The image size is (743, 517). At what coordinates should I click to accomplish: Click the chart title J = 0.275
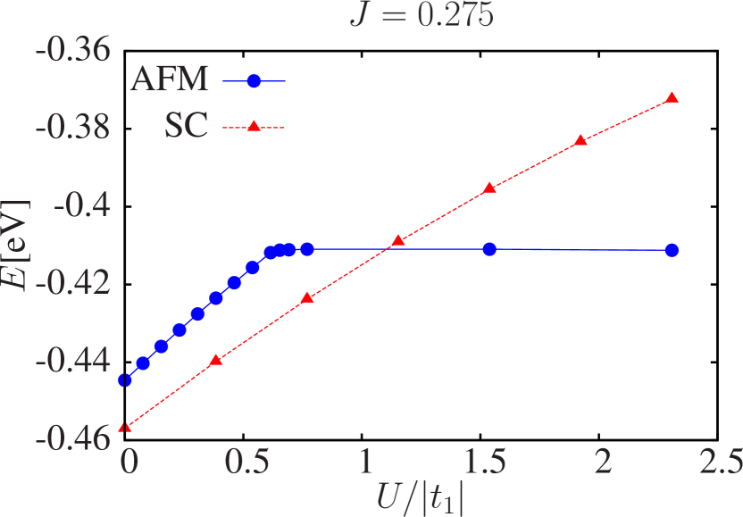(x=421, y=15)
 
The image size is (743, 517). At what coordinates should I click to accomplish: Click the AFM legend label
(x=169, y=80)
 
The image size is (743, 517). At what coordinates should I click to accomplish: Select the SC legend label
(x=186, y=127)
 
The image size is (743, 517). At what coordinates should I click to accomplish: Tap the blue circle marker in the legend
(x=254, y=81)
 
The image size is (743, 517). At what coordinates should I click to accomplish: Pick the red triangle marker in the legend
(x=254, y=128)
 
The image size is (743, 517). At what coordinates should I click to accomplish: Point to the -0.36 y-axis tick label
(x=73, y=50)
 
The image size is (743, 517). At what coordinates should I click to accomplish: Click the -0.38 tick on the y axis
(x=73, y=128)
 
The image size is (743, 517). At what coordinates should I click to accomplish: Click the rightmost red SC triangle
(x=672, y=97)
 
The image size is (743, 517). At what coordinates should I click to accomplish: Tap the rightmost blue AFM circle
(x=672, y=250)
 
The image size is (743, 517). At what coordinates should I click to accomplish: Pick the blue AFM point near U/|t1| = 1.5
(x=489, y=249)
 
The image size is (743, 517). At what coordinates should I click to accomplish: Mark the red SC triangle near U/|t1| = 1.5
(x=489, y=188)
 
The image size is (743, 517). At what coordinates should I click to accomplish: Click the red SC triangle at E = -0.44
(x=215, y=360)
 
